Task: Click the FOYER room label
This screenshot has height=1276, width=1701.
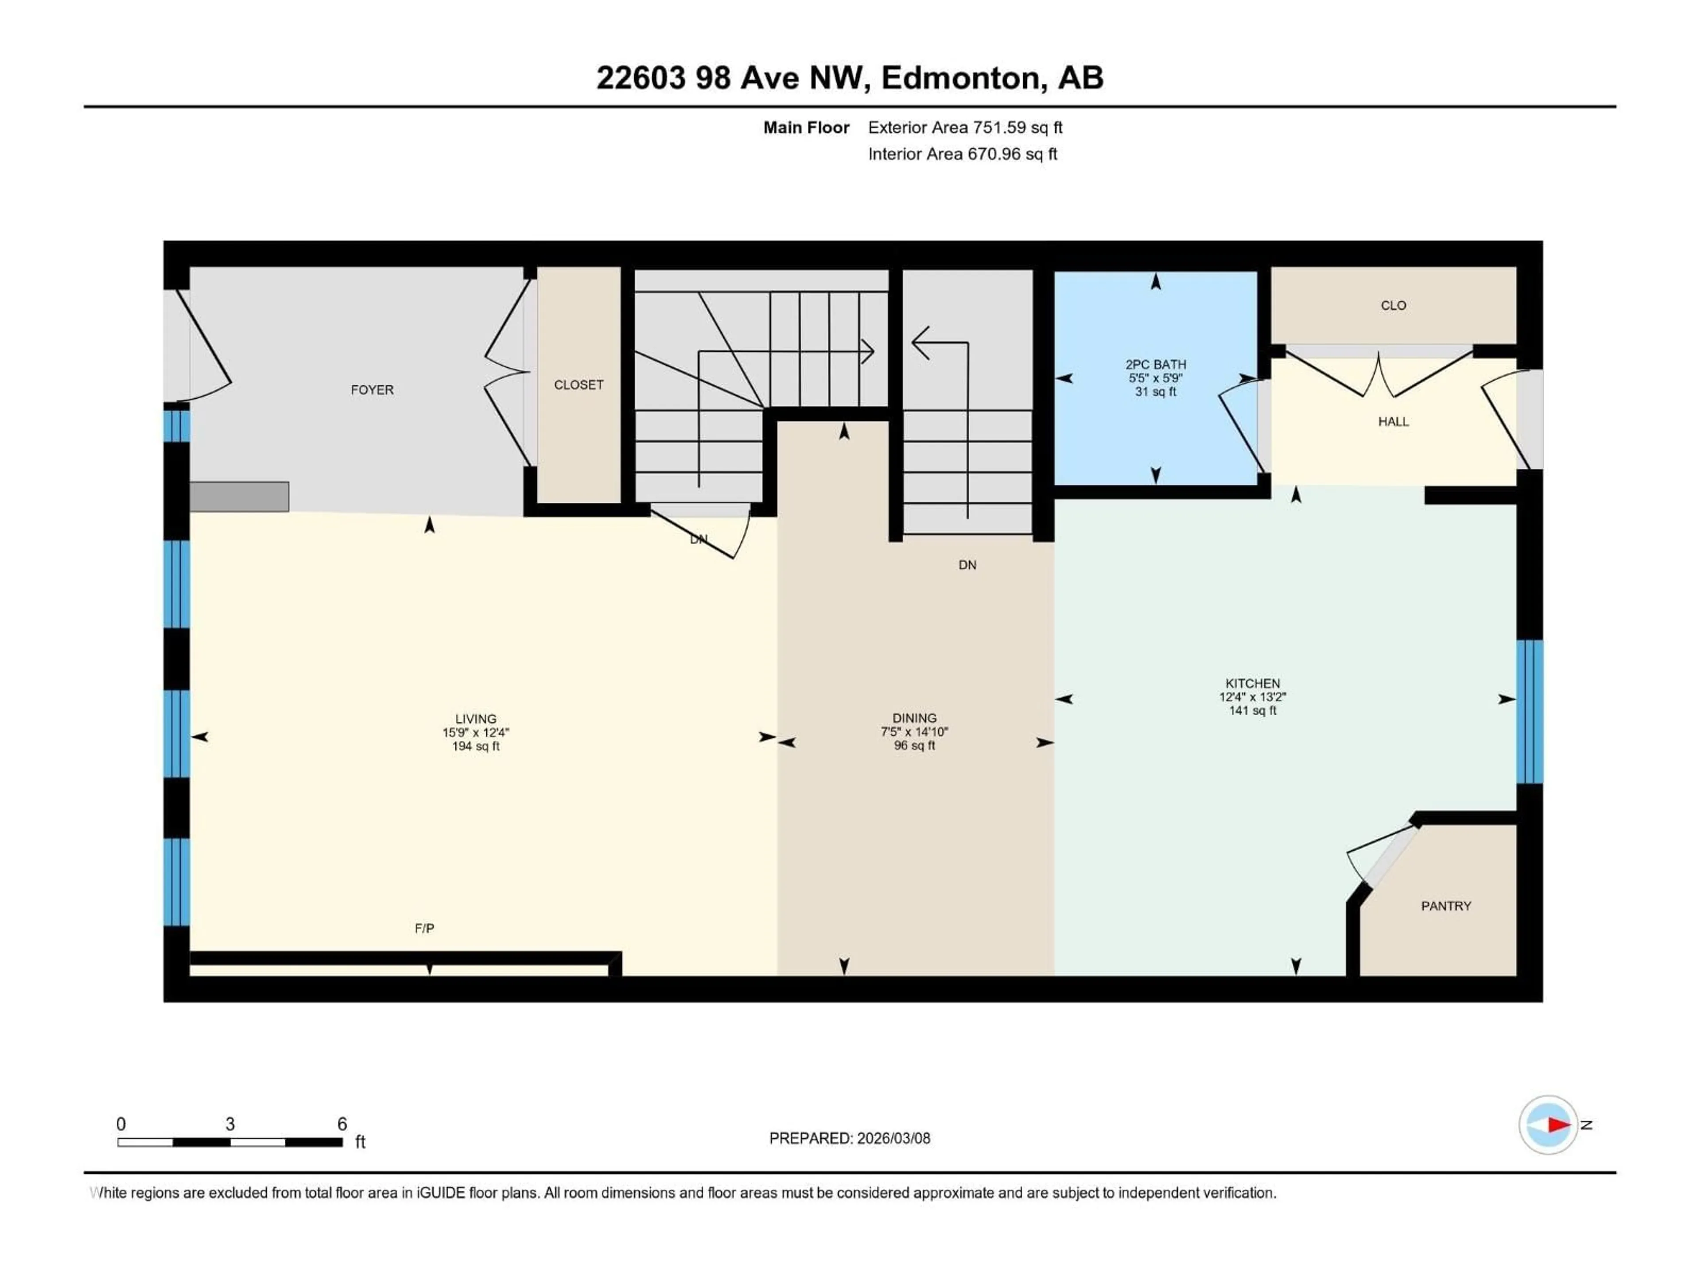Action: point(372,390)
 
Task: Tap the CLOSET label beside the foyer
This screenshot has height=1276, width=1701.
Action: point(578,385)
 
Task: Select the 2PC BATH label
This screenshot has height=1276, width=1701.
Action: point(1155,365)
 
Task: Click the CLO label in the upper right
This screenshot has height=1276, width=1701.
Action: point(1393,305)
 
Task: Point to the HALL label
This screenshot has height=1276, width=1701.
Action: point(1393,421)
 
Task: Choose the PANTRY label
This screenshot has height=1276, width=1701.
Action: point(1446,906)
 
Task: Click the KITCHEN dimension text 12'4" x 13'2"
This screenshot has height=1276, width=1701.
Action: point(1252,697)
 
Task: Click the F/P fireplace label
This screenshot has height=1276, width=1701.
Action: point(424,928)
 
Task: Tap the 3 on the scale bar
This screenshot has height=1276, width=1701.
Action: point(230,1124)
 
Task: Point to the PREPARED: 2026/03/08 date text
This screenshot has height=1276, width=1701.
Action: point(849,1138)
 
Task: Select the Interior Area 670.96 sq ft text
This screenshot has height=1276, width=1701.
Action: point(962,154)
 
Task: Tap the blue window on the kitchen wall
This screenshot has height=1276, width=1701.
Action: point(1529,712)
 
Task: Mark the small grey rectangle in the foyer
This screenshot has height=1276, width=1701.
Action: point(239,496)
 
